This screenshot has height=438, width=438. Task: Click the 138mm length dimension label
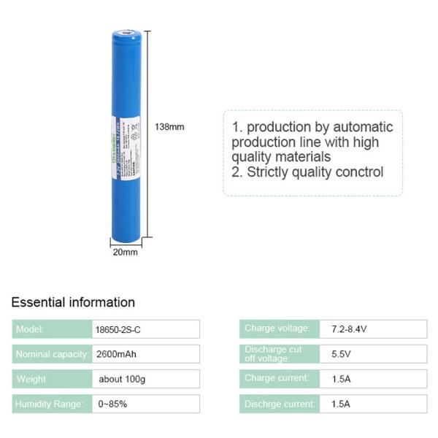pos(169,127)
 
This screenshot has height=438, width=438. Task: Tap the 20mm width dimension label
pos(125,253)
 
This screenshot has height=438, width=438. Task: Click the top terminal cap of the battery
pos(129,33)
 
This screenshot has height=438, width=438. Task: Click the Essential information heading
pos(73,302)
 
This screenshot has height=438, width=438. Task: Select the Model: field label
pos(30,329)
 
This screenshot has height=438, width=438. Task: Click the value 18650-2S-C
pos(118,329)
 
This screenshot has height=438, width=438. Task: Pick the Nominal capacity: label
pos(52,354)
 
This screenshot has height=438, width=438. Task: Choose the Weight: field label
pos(32,379)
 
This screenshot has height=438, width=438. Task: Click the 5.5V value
pos(340,354)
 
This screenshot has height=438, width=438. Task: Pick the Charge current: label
pos(277,378)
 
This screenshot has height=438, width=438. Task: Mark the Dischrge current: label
pos(280,404)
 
